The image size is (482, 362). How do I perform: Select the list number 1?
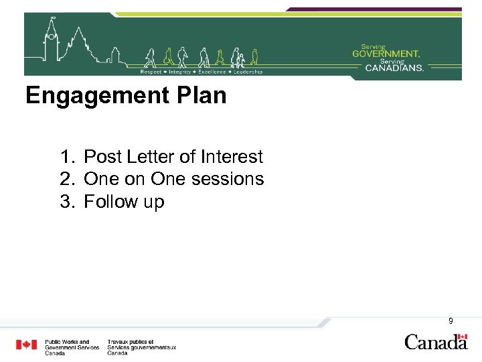pyautogui.click(x=66, y=158)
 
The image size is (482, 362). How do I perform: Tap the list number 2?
pyautogui.click(x=66, y=180)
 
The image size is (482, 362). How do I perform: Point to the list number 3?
pyautogui.click(x=66, y=202)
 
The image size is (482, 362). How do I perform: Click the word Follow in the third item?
pyautogui.click(x=110, y=202)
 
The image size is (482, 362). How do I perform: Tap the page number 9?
pyautogui.click(x=451, y=321)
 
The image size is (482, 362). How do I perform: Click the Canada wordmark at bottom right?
pyautogui.click(x=436, y=342)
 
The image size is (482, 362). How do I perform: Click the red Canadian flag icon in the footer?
pyautogui.click(x=27, y=345)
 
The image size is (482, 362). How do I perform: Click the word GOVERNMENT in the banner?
pyautogui.click(x=386, y=53)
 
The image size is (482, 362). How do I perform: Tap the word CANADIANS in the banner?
pyautogui.click(x=394, y=67)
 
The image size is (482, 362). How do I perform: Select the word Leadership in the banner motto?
pyautogui.click(x=248, y=72)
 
